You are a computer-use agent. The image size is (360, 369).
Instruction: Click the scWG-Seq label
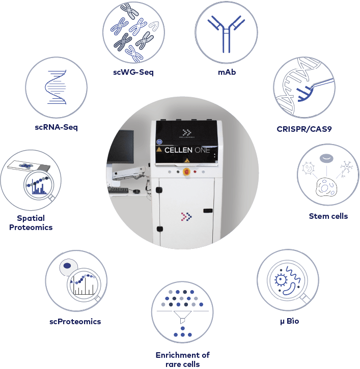tap(133, 72)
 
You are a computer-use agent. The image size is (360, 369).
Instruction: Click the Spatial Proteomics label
tap(31, 222)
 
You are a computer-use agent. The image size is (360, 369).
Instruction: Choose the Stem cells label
tap(328, 216)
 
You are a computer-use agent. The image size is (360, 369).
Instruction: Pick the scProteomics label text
tap(75, 322)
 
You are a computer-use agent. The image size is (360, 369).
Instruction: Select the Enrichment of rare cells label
tap(182, 359)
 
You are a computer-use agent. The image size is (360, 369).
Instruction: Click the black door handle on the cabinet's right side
tap(207, 210)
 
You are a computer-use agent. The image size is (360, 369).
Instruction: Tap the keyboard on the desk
tap(119, 190)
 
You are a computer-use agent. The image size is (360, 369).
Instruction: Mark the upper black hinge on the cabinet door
tap(159, 190)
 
